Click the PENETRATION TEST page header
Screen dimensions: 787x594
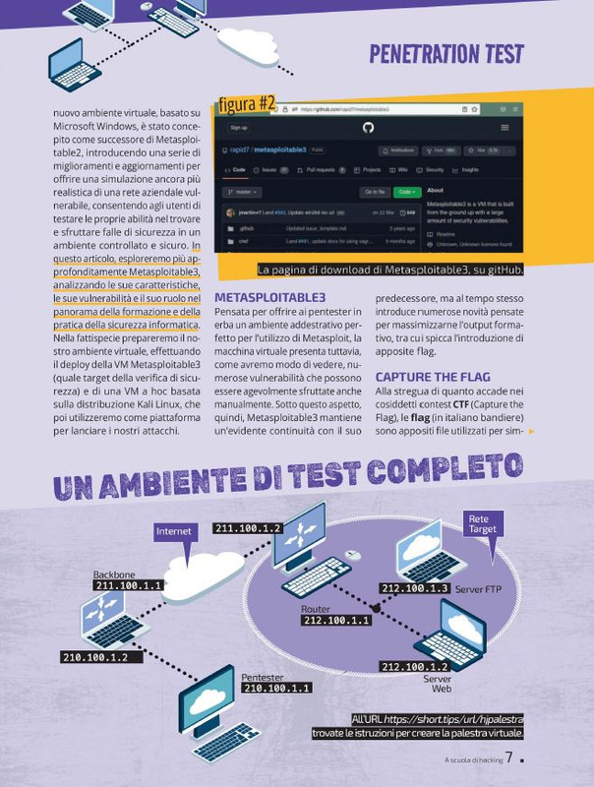pyautogui.click(x=445, y=53)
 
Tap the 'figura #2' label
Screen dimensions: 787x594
pyautogui.click(x=247, y=104)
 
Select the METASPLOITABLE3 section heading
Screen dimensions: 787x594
pyautogui.click(x=268, y=296)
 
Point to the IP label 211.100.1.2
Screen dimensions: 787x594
pyautogui.click(x=248, y=528)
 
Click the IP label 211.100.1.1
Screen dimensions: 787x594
pyautogui.click(x=128, y=585)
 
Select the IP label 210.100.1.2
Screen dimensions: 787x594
pyautogui.click(x=94, y=657)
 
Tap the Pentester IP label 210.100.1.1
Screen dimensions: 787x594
pyautogui.click(x=276, y=689)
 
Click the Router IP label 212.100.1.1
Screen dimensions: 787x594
pyautogui.click(x=336, y=621)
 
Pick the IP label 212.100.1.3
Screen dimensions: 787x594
pyautogui.click(x=415, y=588)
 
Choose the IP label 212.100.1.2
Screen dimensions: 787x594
pyautogui.click(x=415, y=666)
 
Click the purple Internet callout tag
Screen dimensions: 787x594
pyautogui.click(x=174, y=531)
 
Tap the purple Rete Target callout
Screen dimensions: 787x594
pyautogui.click(x=482, y=523)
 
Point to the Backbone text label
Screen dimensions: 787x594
pyautogui.click(x=114, y=574)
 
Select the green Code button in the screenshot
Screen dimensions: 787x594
pyautogui.click(x=405, y=192)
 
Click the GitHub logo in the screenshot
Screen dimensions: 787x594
pyautogui.click(x=368, y=128)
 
